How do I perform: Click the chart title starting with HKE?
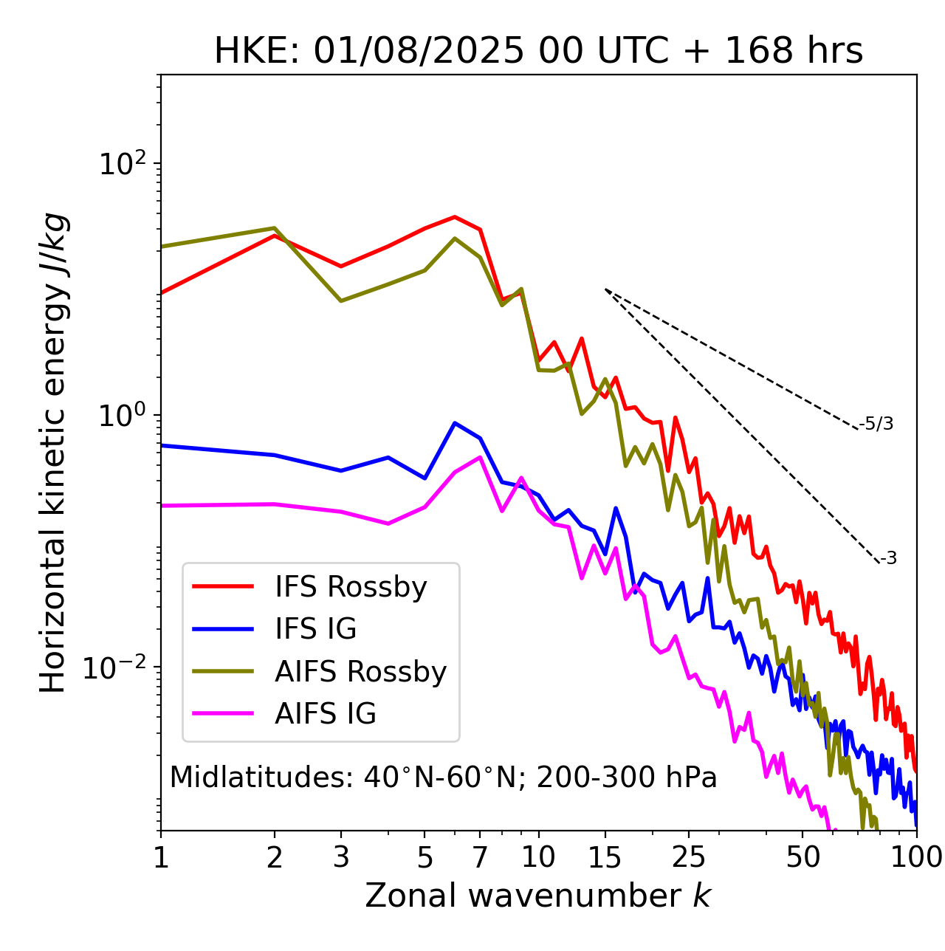click(538, 51)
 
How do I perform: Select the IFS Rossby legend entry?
click(351, 587)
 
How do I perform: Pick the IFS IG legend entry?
click(315, 629)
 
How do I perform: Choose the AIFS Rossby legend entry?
click(360, 672)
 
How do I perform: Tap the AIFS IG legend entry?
click(326, 714)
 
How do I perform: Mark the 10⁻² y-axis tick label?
click(118, 667)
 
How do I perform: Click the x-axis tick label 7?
click(480, 857)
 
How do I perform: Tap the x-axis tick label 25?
click(689, 857)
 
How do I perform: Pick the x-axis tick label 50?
click(803, 857)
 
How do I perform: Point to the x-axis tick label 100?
click(915, 857)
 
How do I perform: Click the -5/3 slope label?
click(876, 424)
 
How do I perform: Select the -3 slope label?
click(888, 558)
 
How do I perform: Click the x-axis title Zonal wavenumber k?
click(538, 896)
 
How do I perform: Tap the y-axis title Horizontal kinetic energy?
click(53, 453)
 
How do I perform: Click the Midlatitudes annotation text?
click(443, 777)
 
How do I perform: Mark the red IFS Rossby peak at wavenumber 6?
click(455, 217)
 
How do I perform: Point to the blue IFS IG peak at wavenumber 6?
click(455, 423)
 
